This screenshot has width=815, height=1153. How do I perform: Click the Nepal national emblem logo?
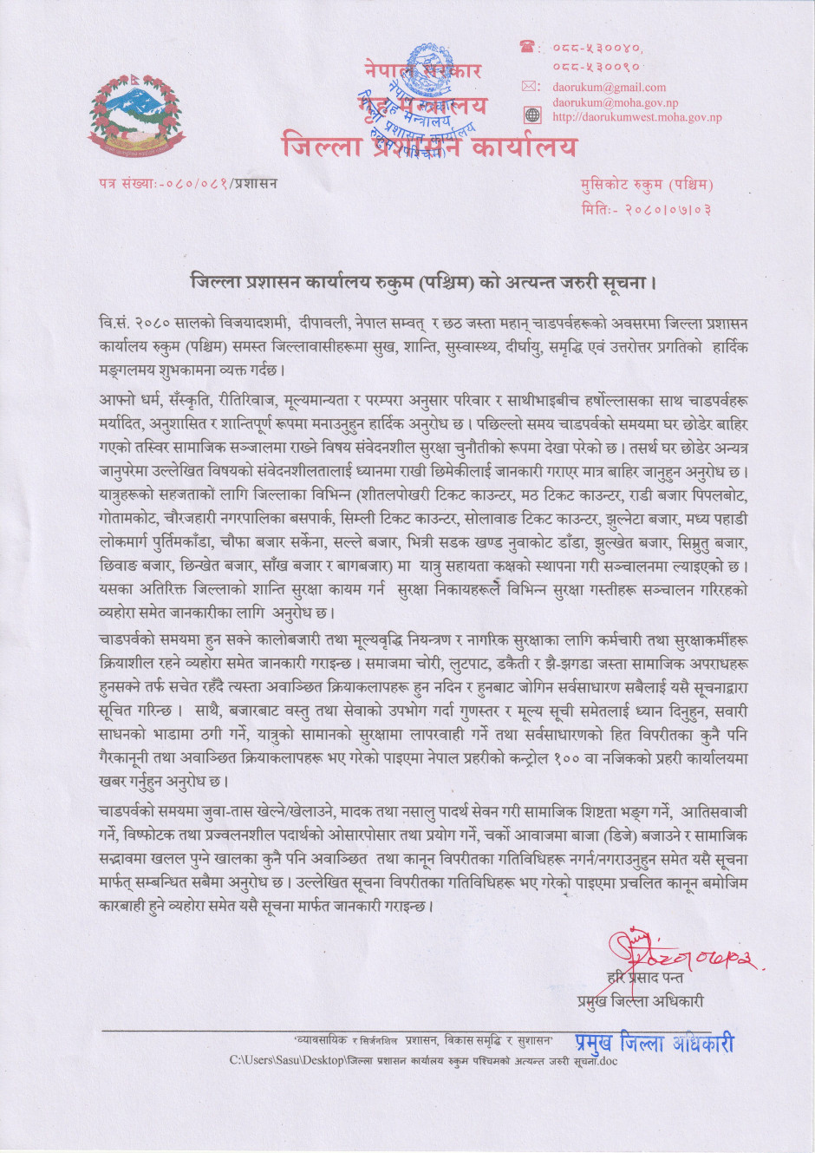point(137,112)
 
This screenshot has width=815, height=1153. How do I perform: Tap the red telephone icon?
point(528,47)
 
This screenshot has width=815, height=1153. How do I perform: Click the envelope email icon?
point(530,87)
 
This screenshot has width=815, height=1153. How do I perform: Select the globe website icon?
point(531,115)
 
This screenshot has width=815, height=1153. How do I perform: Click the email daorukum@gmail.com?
point(609,88)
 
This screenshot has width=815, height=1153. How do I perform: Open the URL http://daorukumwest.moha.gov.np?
point(636,117)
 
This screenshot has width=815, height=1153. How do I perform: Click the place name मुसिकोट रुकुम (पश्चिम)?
point(647,185)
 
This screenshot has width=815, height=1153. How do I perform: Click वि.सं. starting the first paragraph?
point(114,324)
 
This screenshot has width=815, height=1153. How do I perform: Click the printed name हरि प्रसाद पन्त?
point(645,978)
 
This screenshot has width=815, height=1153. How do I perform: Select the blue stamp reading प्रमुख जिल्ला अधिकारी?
point(654,1043)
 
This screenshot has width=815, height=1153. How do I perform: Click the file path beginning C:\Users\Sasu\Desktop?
point(423,1060)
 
